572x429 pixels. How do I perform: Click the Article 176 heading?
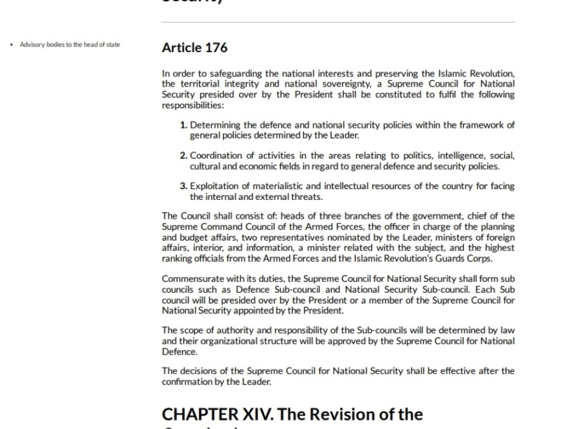pos(194,48)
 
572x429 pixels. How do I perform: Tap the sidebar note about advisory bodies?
pos(70,45)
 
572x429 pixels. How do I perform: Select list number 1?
pos(184,125)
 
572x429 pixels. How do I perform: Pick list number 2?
pos(184,156)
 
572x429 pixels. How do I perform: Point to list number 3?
pos(184,186)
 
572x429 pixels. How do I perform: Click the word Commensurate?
pos(191,279)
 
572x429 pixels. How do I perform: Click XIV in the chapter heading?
pos(258,414)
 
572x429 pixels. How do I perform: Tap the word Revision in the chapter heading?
pos(357,414)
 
